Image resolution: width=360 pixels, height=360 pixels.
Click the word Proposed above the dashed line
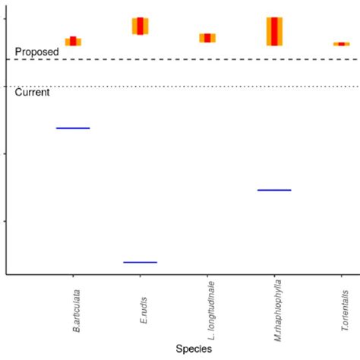click(36, 51)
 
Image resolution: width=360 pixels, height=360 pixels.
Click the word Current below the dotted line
click(33, 93)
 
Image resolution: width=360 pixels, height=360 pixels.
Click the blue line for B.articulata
click(73, 128)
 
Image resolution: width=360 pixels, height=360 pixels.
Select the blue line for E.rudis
click(140, 262)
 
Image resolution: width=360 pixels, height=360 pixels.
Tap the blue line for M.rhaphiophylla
click(274, 190)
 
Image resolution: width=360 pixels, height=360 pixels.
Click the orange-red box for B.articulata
click(73, 41)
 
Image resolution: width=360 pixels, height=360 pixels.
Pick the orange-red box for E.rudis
click(140, 26)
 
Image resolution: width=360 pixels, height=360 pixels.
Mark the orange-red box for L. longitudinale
click(207, 38)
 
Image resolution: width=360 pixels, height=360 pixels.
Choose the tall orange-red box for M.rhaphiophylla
click(274, 31)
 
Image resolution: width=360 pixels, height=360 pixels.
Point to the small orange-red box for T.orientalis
click(341, 44)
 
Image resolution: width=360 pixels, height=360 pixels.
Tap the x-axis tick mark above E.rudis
click(140, 279)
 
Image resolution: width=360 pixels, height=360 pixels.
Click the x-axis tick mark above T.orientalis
click(341, 279)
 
